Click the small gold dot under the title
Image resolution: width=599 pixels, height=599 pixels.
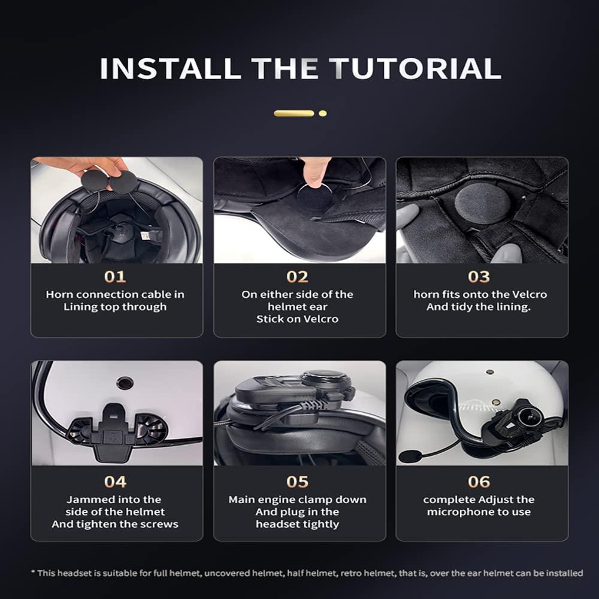point(322,113)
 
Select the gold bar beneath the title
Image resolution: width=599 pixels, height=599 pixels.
point(294,113)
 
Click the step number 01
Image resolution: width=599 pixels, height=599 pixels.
point(115,277)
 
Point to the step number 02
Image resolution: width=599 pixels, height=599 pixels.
point(297,277)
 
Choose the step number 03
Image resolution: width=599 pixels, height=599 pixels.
point(479,277)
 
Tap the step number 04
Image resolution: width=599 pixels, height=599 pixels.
point(115,482)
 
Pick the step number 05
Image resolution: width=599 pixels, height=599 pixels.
point(297,482)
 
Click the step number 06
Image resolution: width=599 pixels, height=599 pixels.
point(479,482)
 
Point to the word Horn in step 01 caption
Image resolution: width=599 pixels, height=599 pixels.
point(59,295)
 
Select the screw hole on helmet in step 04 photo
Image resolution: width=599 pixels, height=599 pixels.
point(125,382)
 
